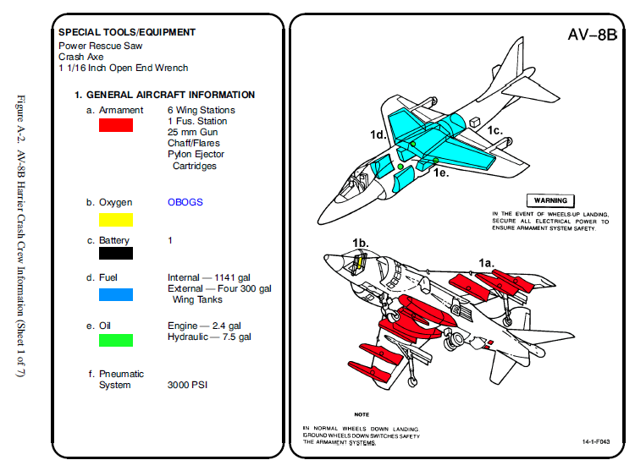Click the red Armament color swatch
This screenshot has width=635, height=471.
116,125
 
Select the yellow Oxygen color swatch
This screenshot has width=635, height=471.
116,220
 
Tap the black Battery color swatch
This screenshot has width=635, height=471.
116,252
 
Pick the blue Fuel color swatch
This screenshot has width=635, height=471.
116,294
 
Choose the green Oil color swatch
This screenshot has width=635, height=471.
116,340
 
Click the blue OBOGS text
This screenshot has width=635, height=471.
185,203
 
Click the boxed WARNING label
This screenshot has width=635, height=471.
550,200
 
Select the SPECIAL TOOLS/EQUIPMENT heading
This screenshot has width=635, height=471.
127,32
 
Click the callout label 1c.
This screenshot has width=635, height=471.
494,130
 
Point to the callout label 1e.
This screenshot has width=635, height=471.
440,173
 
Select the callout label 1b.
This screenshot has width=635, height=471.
361,244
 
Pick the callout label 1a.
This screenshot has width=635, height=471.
486,263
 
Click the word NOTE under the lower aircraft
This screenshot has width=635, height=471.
362,415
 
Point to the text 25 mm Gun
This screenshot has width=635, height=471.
193,133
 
